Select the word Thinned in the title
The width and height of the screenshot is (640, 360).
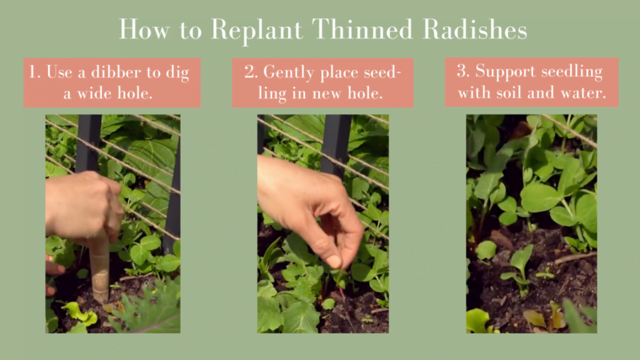[x=359, y=29]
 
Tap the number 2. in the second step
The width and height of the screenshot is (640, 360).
[x=251, y=72]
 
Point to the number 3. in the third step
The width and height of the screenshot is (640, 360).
[x=462, y=71]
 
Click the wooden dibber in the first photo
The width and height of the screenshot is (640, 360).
[x=99, y=269]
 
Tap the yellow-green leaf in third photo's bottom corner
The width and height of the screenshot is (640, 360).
[x=477, y=321]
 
